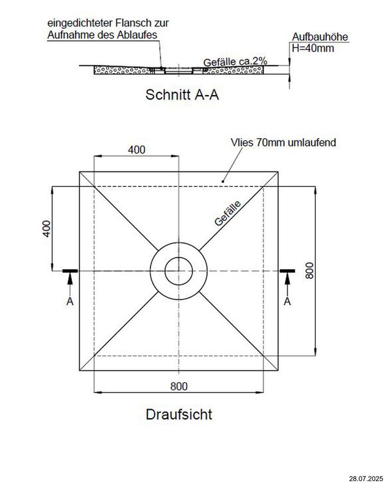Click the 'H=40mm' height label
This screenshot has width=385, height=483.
(312, 48)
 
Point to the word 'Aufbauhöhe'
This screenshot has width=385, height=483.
(320, 37)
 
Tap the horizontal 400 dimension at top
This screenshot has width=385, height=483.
(136, 150)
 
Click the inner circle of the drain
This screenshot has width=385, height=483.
(178, 270)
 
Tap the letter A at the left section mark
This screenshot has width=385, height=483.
(69, 301)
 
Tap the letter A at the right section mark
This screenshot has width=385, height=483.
(287, 301)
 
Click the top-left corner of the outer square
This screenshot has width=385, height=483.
(79, 171)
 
